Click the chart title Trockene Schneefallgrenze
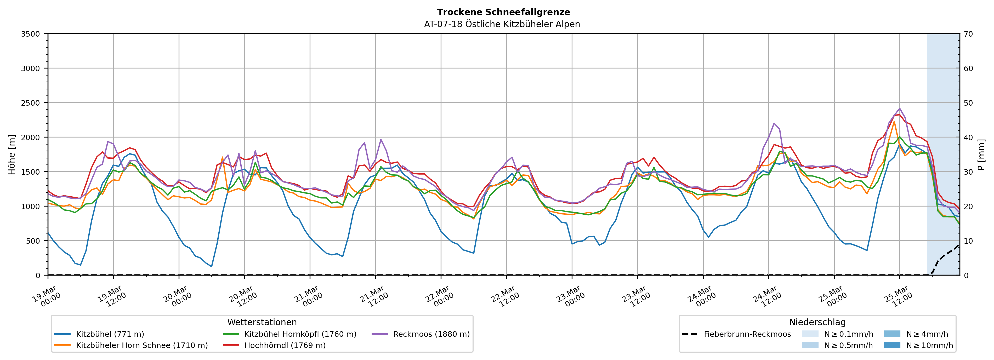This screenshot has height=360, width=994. tap(503, 12)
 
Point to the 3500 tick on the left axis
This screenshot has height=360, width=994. tap(31, 34)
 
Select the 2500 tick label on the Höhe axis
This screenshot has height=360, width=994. tap(31, 103)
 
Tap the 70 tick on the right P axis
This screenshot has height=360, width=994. tap(968, 34)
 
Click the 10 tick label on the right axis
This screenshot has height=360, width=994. tap(968, 241)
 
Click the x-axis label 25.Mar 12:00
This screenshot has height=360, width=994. tap(898, 296)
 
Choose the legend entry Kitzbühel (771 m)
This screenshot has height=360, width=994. tap(110, 334)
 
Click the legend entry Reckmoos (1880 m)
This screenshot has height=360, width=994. tap(431, 334)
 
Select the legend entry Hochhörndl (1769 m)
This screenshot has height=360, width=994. tap(285, 345)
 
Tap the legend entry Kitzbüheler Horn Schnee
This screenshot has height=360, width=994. tap(142, 345)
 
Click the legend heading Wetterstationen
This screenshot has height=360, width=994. tap(262, 322)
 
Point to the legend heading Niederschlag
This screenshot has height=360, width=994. tap(817, 322)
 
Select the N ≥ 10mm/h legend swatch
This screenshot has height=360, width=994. tap(892, 345)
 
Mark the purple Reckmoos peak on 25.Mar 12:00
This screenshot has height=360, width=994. tap(899, 108)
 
